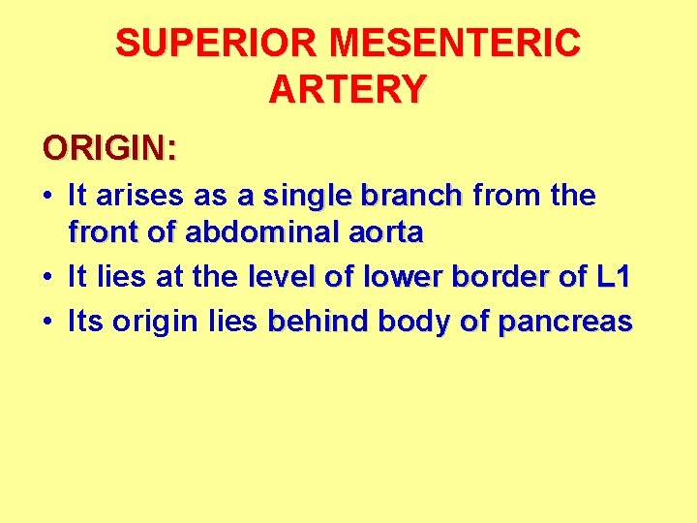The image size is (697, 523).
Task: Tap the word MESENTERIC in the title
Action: click(x=455, y=44)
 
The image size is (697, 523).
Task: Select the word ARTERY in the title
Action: click(x=348, y=89)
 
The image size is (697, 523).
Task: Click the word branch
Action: click(x=412, y=196)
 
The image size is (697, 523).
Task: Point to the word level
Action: click(x=282, y=278)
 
